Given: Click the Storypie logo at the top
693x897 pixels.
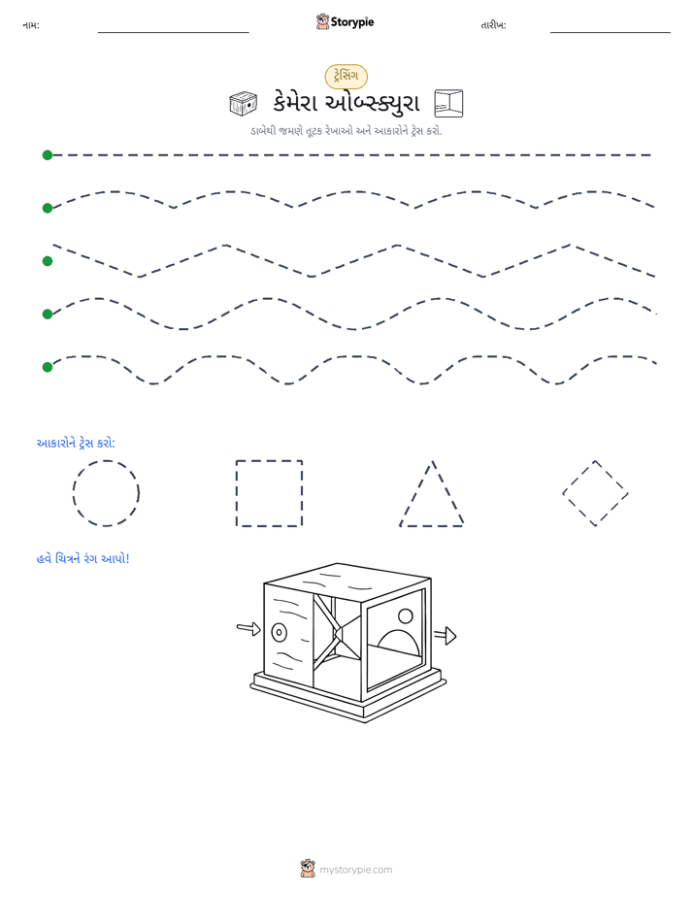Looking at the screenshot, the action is pos(345,21).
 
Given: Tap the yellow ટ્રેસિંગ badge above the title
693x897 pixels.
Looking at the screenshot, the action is pos(346,76).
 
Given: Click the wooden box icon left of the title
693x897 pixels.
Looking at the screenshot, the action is pos(244,104).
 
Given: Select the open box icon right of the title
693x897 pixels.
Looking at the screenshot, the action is pos(448,104).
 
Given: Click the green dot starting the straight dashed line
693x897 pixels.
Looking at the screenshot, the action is pos(48,155).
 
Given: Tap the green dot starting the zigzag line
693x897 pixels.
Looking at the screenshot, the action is pos(48,261).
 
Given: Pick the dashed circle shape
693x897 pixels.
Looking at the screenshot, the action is pos(106,493).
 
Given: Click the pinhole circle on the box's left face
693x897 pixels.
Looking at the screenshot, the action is pos(279,632).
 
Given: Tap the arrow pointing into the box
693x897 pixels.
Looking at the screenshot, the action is pos(248,629).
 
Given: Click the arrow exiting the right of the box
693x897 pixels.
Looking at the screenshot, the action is pos(445,635).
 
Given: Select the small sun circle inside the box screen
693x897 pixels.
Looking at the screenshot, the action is pos(406,616).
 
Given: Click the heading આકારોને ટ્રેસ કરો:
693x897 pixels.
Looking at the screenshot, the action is pos(76,444).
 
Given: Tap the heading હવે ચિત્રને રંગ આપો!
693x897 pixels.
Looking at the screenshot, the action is pos(82,558).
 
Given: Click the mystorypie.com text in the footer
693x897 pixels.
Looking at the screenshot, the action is pos(355,870).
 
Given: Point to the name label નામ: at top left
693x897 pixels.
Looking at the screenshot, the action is pos(31,25).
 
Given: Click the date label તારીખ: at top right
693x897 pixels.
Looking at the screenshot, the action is pos(493,25).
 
